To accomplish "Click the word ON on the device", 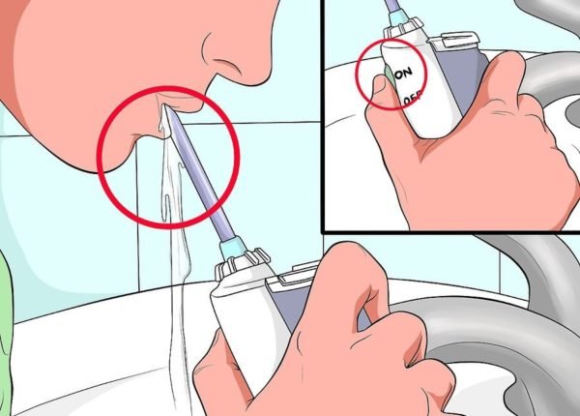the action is tap(403, 73).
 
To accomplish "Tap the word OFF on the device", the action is tap(413, 98).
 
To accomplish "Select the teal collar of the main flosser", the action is tap(233, 248).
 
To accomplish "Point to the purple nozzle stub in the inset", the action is tap(392, 6).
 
